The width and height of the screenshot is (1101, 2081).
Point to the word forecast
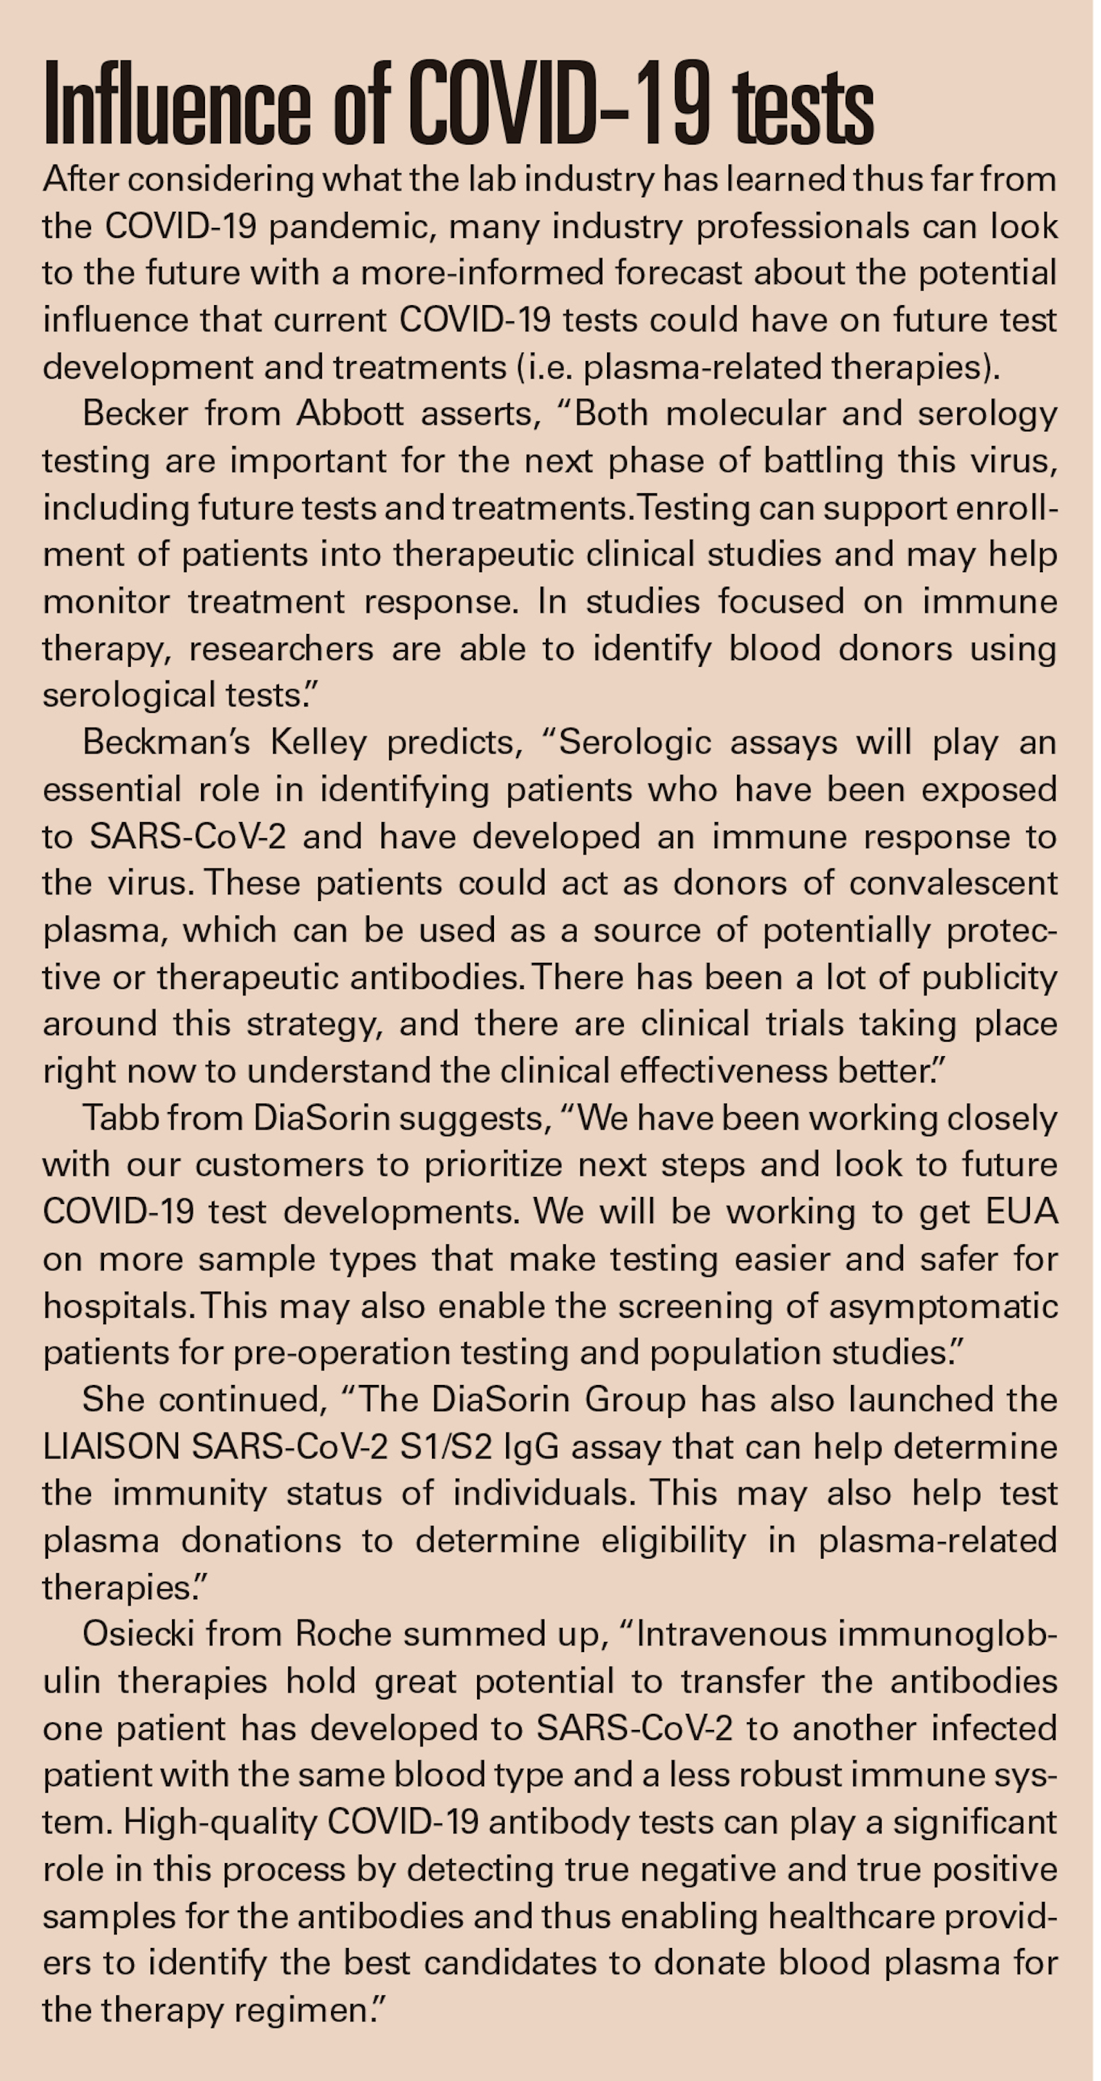coord(677,273)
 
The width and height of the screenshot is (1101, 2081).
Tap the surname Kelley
coord(318,743)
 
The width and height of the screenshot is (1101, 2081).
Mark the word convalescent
coord(953,883)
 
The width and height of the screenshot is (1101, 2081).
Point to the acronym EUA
coord(1021,1211)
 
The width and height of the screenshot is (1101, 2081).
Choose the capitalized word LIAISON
coord(111,1447)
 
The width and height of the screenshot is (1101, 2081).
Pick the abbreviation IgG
coord(531,1447)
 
